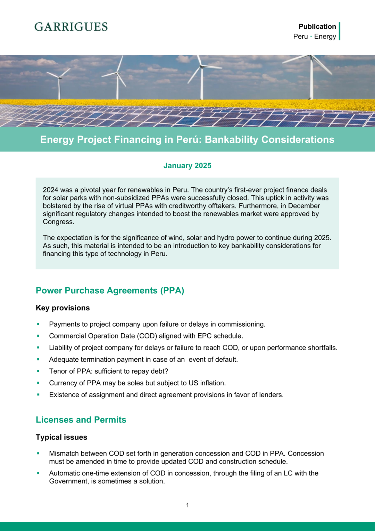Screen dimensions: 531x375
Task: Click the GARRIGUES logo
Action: coord(71,27)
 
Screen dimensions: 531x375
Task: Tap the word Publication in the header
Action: coord(317,26)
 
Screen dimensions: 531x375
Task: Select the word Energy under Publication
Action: coord(325,36)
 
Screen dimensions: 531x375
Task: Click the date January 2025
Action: coord(187,165)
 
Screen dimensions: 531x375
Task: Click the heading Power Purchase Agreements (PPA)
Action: coord(110,290)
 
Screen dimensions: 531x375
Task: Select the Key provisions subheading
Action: coord(62,308)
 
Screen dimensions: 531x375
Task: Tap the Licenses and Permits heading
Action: coord(81,419)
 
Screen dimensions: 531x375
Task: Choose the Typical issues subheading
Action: coord(61,437)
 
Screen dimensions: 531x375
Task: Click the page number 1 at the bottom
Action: coord(187,505)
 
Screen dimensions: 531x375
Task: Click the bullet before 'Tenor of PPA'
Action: coord(38,371)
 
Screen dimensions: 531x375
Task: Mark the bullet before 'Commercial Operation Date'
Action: coord(38,336)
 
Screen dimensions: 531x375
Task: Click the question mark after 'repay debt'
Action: coord(166,371)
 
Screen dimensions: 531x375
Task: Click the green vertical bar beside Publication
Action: coord(339,31)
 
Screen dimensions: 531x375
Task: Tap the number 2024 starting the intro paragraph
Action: coord(50,190)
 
